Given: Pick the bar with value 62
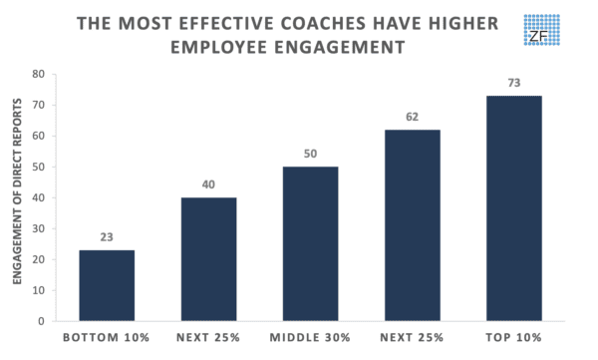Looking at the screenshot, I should pos(412,225).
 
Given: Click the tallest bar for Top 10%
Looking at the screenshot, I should pos(513,208).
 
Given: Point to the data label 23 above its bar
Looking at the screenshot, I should pos(107,238).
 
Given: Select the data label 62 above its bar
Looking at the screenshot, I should pos(412,118).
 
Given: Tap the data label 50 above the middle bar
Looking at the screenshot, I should pos(310,156).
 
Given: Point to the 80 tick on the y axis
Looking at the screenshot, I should pos(38,74).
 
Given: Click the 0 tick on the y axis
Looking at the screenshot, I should pos(41,321).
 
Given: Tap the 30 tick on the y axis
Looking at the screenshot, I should pos(38,228).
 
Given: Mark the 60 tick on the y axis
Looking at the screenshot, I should pos(38,136).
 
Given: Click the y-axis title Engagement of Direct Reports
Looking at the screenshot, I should pos(17,197).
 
